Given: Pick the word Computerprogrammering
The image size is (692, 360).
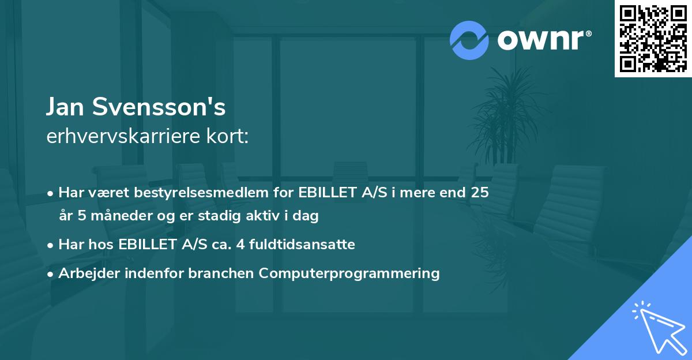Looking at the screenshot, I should (x=349, y=273).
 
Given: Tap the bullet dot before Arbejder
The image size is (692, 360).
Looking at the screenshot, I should (x=51, y=273).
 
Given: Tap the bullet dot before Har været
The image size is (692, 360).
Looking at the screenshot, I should (x=51, y=193).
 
